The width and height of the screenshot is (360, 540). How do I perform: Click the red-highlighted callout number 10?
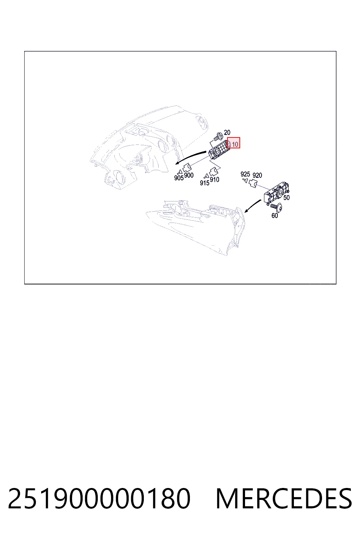235,144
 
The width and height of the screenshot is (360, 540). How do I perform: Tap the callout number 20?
227,132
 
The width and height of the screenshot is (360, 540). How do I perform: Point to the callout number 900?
189,175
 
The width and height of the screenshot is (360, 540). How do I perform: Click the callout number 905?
179,178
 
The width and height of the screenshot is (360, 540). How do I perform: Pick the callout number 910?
214,180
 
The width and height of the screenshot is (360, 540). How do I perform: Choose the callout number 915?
205,183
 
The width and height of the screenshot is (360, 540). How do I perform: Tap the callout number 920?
257,175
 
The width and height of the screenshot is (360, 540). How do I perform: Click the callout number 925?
245,174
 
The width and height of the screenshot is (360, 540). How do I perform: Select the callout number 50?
287,198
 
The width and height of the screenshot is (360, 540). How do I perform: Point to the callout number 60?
275,216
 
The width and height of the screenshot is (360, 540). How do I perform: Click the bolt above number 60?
276,207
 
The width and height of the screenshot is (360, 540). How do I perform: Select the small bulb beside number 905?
179,172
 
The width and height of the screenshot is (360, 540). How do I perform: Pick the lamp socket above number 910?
213,172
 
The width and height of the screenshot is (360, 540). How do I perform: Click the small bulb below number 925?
246,180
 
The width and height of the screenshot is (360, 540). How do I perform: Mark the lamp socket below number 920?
253,184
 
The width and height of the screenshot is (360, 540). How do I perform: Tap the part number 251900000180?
99,498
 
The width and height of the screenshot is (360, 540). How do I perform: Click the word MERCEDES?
284,498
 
